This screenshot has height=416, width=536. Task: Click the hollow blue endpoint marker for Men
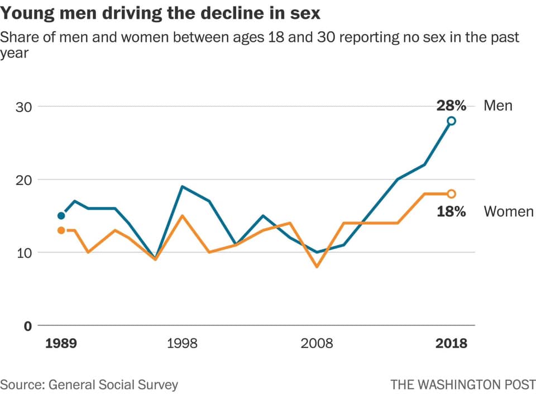(x=451, y=121)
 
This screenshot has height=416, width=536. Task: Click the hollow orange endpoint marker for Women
(x=451, y=194)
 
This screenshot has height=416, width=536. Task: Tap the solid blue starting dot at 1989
(x=61, y=215)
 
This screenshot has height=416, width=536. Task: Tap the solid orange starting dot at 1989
(x=61, y=230)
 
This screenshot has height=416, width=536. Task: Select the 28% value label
(x=451, y=106)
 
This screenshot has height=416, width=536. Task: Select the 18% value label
(x=451, y=212)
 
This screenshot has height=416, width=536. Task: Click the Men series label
(x=497, y=106)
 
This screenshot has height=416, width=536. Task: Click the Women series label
(x=508, y=212)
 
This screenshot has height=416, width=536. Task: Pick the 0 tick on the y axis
(x=27, y=326)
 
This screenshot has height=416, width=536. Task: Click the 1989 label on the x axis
(x=61, y=343)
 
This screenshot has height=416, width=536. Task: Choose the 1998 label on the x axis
(x=182, y=343)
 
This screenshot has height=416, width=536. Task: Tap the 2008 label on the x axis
(x=317, y=343)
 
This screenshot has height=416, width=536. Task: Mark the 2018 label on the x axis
(x=451, y=343)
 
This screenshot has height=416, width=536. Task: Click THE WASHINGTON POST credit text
(x=463, y=385)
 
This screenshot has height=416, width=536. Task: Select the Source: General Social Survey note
(x=89, y=385)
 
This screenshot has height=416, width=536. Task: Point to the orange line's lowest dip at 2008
(x=317, y=267)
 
